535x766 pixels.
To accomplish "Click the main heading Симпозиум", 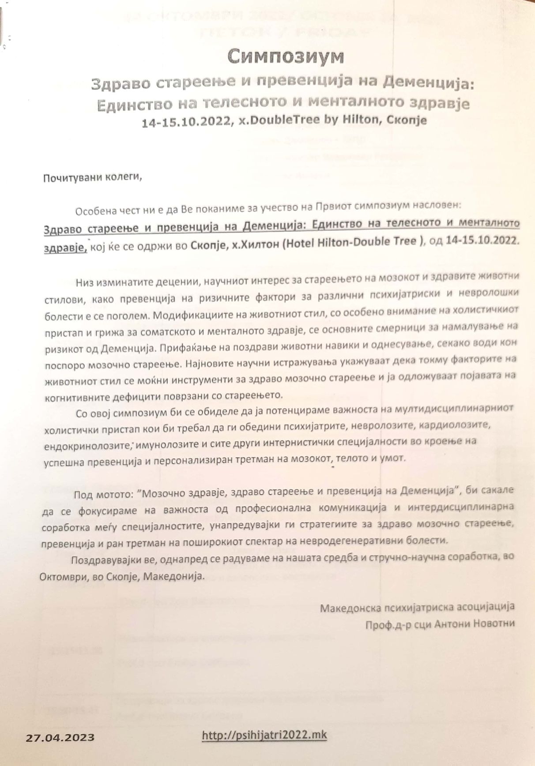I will click(285, 56).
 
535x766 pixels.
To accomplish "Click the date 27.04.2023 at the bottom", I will click(60, 737).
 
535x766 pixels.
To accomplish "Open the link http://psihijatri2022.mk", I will click(264, 735).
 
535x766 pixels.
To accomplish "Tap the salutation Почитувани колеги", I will click(93, 178).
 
